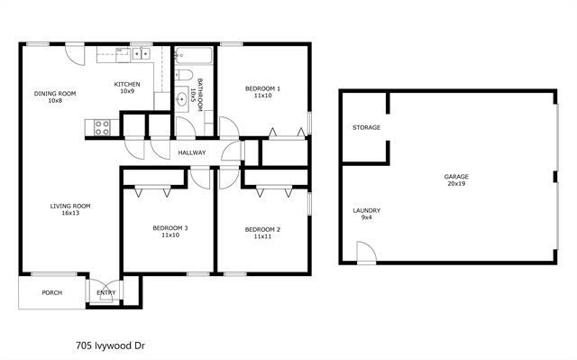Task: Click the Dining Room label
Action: point(55,93)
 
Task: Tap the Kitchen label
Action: point(124,85)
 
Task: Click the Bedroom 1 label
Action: point(263,88)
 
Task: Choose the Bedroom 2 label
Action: point(262,229)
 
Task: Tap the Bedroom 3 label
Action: point(169,229)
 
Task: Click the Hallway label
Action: point(191,152)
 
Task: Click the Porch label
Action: point(51,292)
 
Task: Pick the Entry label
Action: point(106,292)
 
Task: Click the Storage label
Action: point(366,127)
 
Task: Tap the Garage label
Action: point(456,176)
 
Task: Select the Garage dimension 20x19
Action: point(456,183)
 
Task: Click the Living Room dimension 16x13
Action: point(69,214)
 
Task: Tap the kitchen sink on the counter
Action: point(141,55)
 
